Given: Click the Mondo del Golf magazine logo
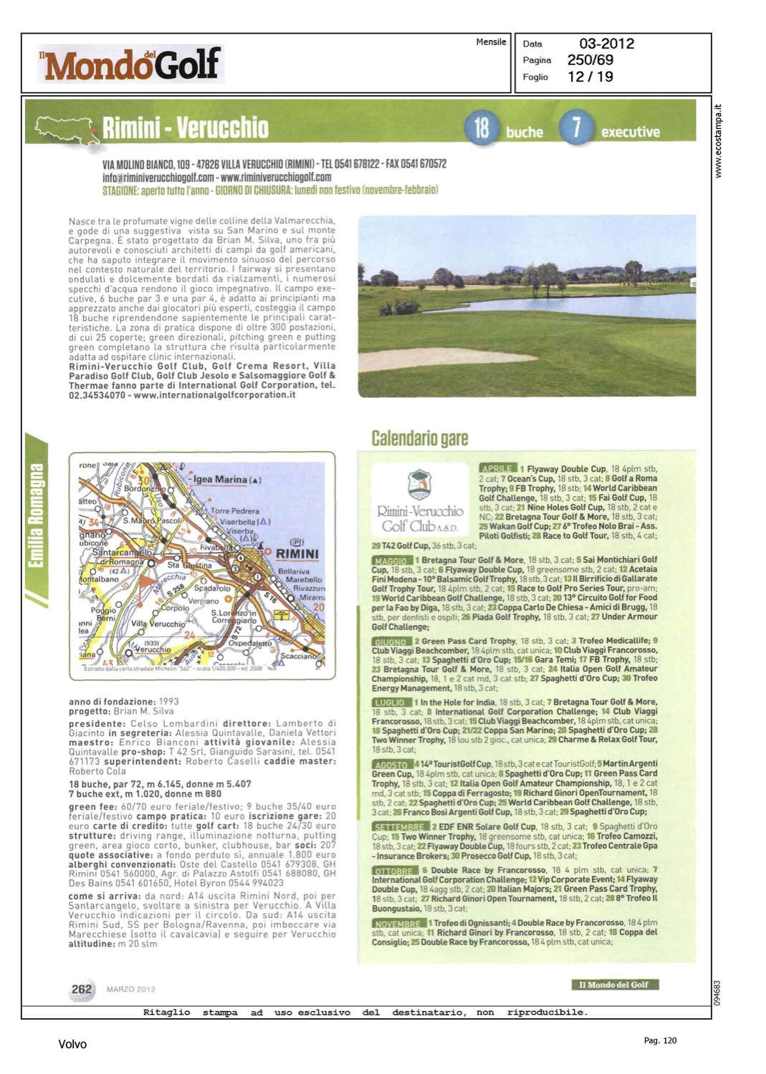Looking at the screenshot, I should point(131,64).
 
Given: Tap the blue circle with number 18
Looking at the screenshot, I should point(482,128).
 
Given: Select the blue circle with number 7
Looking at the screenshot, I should point(575,128).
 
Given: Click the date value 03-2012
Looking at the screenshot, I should point(606,44).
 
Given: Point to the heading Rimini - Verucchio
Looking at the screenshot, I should point(185,128).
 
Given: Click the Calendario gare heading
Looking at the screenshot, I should point(419,438).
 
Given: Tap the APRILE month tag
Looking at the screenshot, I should point(497,468).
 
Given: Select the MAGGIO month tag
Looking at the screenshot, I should point(391,561).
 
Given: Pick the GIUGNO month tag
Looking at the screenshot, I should point(391,642).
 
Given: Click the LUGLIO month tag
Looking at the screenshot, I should point(390,703).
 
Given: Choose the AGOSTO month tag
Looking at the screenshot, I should point(391,765).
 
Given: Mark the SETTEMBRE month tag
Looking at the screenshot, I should point(400,827).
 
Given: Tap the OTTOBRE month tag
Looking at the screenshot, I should point(394,871).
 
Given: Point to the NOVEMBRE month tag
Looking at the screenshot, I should point(398,924).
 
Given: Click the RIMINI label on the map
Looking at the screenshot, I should point(297,553).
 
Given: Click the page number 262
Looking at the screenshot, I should point(82,989).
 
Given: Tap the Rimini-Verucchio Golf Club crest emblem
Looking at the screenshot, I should point(419,485).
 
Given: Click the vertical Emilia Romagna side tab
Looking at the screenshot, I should point(37,516).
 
